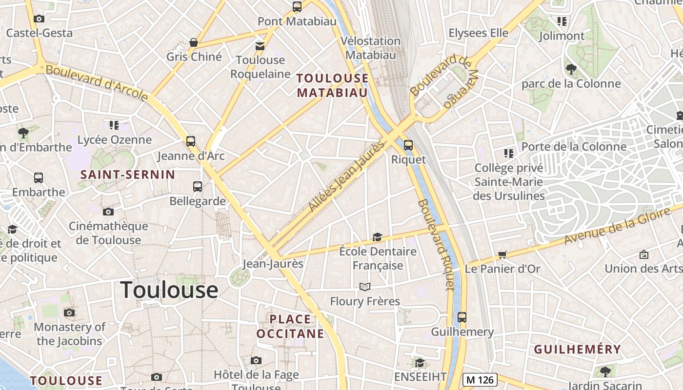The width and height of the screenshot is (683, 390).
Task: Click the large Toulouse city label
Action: coord(169,290)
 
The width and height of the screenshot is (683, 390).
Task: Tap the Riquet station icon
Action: coord(408,145)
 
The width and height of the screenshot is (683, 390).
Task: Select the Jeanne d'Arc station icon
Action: coord(191,141)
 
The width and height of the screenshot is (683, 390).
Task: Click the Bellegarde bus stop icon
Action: coord(198,186)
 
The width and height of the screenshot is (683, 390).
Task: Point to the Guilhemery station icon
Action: coord(462,317)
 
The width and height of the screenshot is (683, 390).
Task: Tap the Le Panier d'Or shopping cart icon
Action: coord(502,254)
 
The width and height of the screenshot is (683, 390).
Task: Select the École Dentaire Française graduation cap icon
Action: coord(377,237)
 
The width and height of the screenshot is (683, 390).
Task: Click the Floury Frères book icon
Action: coord(365,287)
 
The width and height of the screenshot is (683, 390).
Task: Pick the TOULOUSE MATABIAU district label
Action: coord(332,85)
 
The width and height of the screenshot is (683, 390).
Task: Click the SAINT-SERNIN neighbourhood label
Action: coord(128,175)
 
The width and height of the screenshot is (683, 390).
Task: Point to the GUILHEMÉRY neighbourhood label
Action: coord(577,349)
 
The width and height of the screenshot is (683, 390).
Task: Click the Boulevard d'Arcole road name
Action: coord(97,83)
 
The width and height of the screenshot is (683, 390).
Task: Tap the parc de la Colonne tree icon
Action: coord(571,69)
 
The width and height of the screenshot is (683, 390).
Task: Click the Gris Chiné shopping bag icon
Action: coord(194,42)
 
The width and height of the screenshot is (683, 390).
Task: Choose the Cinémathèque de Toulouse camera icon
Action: coord(108,212)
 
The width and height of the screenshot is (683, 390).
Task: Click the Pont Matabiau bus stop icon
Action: coord(297,7)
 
